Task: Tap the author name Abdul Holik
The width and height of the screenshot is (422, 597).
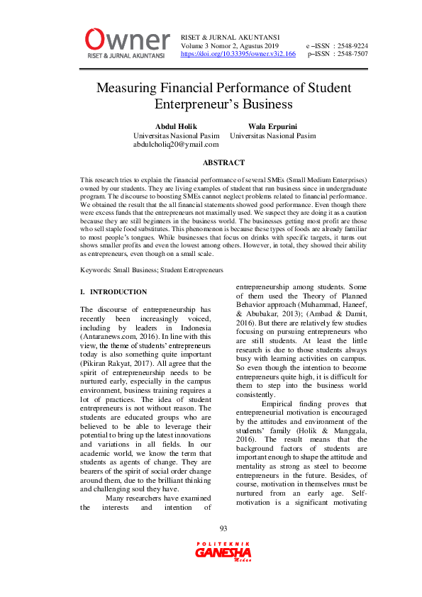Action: point(176,126)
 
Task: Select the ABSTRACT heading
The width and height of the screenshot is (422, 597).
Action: point(223,163)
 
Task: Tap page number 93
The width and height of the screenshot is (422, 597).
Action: point(223,528)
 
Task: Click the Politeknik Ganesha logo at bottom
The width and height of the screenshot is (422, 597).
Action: point(223,551)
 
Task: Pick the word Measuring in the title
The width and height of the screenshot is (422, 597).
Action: point(126,89)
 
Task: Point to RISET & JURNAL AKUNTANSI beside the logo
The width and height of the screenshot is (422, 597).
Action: point(231,37)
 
